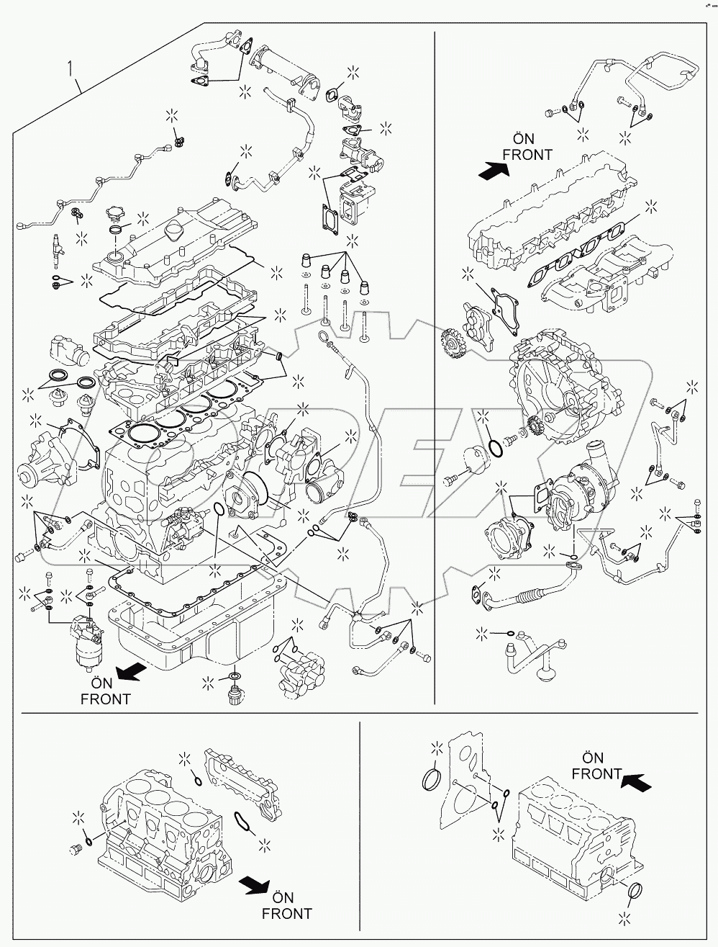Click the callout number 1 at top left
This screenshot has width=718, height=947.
(x=70, y=69)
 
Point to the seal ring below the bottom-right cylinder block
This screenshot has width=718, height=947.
(x=633, y=892)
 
